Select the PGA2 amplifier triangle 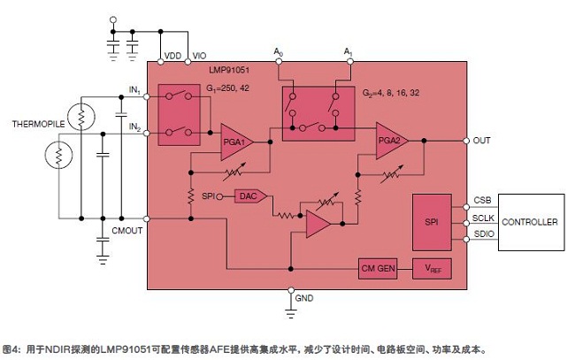click(x=390, y=141)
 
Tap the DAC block click(x=247, y=196)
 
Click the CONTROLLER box click(x=530, y=222)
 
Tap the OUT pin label click(x=481, y=141)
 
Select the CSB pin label click(x=481, y=202)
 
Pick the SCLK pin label click(x=483, y=218)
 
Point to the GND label click(x=303, y=299)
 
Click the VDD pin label click(x=172, y=56)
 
